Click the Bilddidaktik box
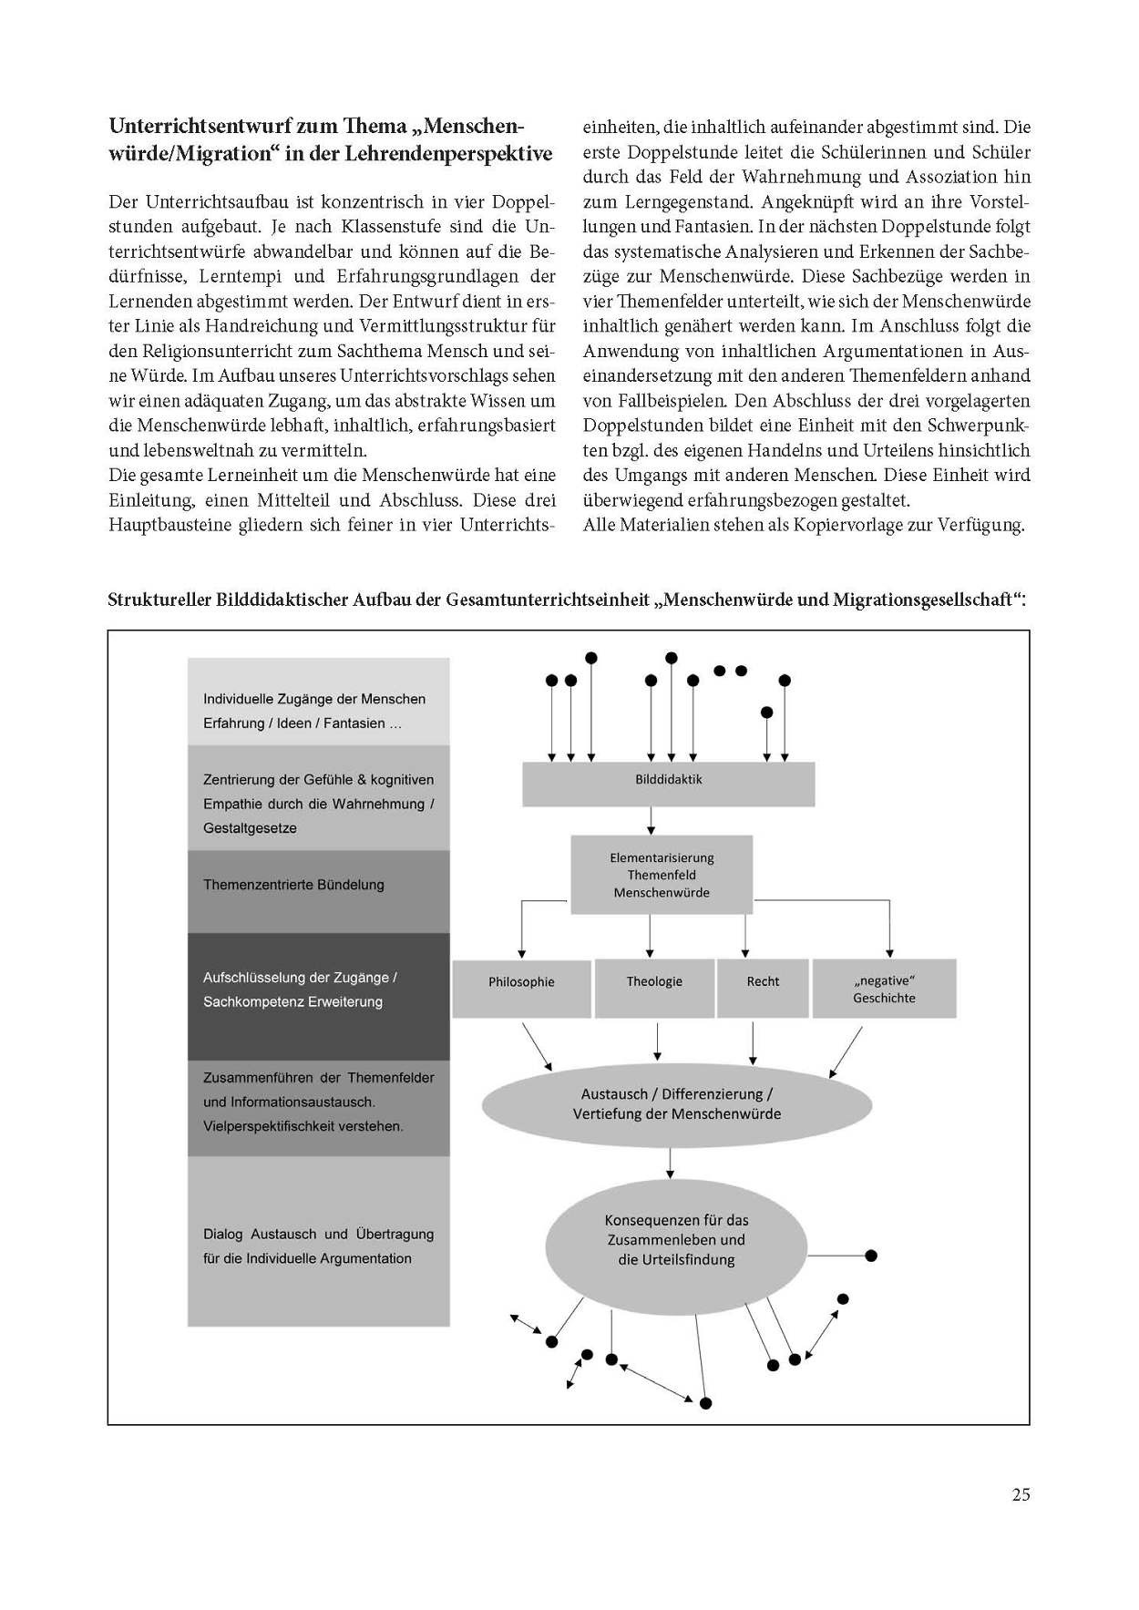tap(668, 784)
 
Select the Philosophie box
tap(521, 988)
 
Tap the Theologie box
tap(654, 988)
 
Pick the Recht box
tap(763, 988)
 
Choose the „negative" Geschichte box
tap(884, 989)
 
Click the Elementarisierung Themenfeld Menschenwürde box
tap(662, 875)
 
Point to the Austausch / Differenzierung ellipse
tap(676, 1104)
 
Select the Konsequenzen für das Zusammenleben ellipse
tap(676, 1249)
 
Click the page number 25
tap(1021, 1494)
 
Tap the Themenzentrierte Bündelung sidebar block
tap(318, 891)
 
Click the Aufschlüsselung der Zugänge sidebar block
tap(318, 996)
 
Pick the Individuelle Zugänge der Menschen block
tap(318, 702)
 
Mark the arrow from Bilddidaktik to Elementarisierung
tap(651, 821)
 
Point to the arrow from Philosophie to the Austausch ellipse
tap(537, 1045)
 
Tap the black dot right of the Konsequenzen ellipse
tap(870, 1256)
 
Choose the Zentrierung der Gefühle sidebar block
tap(318, 798)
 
